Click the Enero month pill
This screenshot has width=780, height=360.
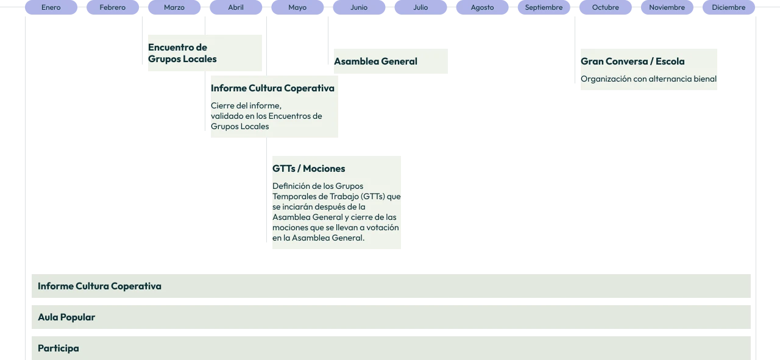coord(51,7)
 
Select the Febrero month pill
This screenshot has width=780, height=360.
coord(113,7)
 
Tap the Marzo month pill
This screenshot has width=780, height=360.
coord(174,7)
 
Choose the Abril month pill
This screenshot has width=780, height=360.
coord(236,7)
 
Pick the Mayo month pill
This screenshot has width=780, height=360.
coord(298,7)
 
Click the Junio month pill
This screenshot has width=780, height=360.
coord(360,7)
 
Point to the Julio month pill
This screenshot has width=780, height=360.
coord(421,7)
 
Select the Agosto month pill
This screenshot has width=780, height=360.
coord(483,7)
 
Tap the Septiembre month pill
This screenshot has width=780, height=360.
coord(544,7)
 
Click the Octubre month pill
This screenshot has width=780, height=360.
coord(606,7)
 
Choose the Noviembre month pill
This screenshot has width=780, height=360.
coord(667,7)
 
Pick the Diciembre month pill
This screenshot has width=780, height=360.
coord(729,7)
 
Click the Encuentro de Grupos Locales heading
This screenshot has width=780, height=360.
coord(182,53)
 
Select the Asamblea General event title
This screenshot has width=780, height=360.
coord(376,62)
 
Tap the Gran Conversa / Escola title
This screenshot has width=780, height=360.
coord(633,62)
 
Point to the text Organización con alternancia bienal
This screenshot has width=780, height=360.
coord(649,79)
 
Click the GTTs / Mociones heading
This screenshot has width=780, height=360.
coord(309,169)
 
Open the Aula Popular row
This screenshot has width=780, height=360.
coord(391,317)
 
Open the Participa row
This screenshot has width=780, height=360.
coord(391,348)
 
